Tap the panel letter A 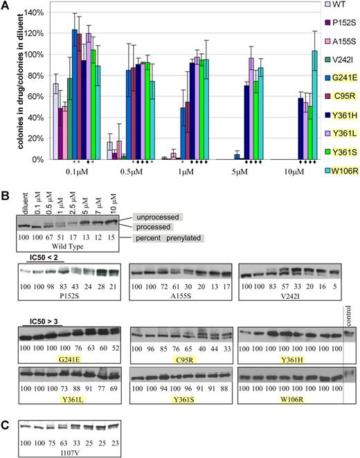[x=6, y=6]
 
